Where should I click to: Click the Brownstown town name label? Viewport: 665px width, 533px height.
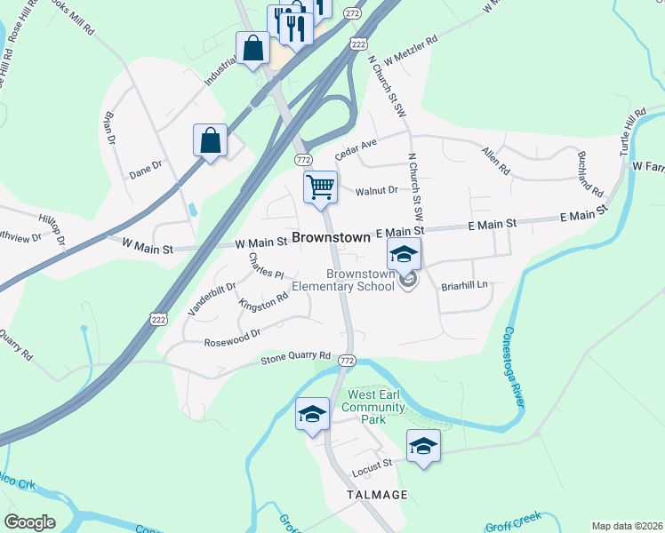[331, 238]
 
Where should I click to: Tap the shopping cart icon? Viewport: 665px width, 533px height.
[320, 187]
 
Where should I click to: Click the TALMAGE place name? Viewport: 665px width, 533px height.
[377, 495]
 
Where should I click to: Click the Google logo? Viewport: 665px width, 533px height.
[29, 522]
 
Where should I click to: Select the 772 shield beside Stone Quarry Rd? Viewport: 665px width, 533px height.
[348, 360]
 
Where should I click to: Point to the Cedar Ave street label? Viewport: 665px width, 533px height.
[357, 148]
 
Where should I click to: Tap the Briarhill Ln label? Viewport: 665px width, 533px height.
[466, 286]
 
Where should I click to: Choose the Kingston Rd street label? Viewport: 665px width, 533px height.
[263, 299]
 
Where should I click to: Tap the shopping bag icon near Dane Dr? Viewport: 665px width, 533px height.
[211, 140]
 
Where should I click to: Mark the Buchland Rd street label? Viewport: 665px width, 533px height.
[589, 174]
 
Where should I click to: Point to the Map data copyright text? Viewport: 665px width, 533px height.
[627, 525]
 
